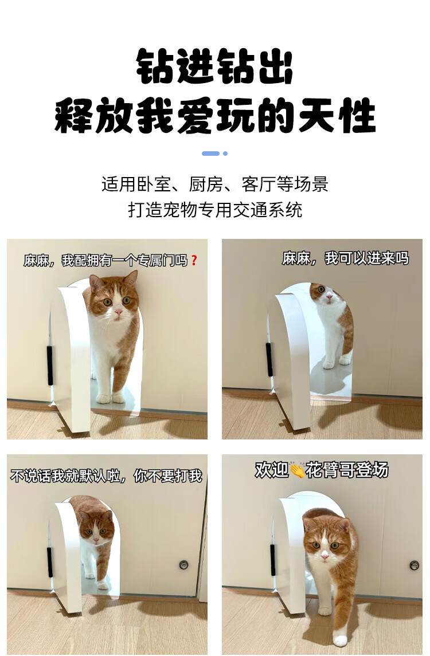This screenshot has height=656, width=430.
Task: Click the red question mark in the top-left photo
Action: pyautogui.click(x=193, y=261)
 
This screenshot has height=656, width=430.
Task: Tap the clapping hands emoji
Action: pyautogui.click(x=297, y=470)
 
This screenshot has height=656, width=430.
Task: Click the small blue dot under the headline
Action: pyautogui.click(x=225, y=154)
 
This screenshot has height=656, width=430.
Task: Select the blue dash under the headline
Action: pyautogui.click(x=210, y=154)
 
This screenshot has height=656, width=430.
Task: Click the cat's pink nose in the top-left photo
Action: pyautogui.click(x=119, y=312)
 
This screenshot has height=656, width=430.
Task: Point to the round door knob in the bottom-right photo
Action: pyautogui.click(x=414, y=565)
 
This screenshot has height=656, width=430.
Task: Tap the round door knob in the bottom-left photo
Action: pyautogui.click(x=183, y=565)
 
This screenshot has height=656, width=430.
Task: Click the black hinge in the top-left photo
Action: pyautogui.click(x=50, y=365)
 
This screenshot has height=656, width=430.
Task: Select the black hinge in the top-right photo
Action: pyautogui.click(x=269, y=359)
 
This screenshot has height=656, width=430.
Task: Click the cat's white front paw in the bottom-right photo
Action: pyautogui.click(x=341, y=641)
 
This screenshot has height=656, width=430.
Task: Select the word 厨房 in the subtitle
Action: pyautogui.click(x=206, y=184)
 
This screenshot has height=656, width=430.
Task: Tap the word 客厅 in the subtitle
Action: pyautogui.click(x=259, y=184)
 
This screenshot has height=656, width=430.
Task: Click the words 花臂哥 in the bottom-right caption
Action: pyautogui.click(x=330, y=470)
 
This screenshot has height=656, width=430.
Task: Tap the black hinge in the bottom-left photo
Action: pyautogui.click(x=50, y=561)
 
